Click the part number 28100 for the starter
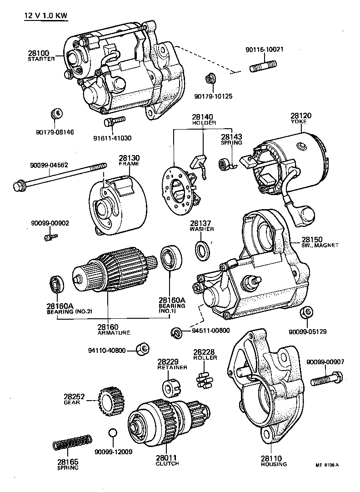click(x=39, y=53)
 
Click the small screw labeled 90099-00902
click(x=50, y=237)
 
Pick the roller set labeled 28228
click(x=203, y=380)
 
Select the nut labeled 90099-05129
click(x=306, y=313)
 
